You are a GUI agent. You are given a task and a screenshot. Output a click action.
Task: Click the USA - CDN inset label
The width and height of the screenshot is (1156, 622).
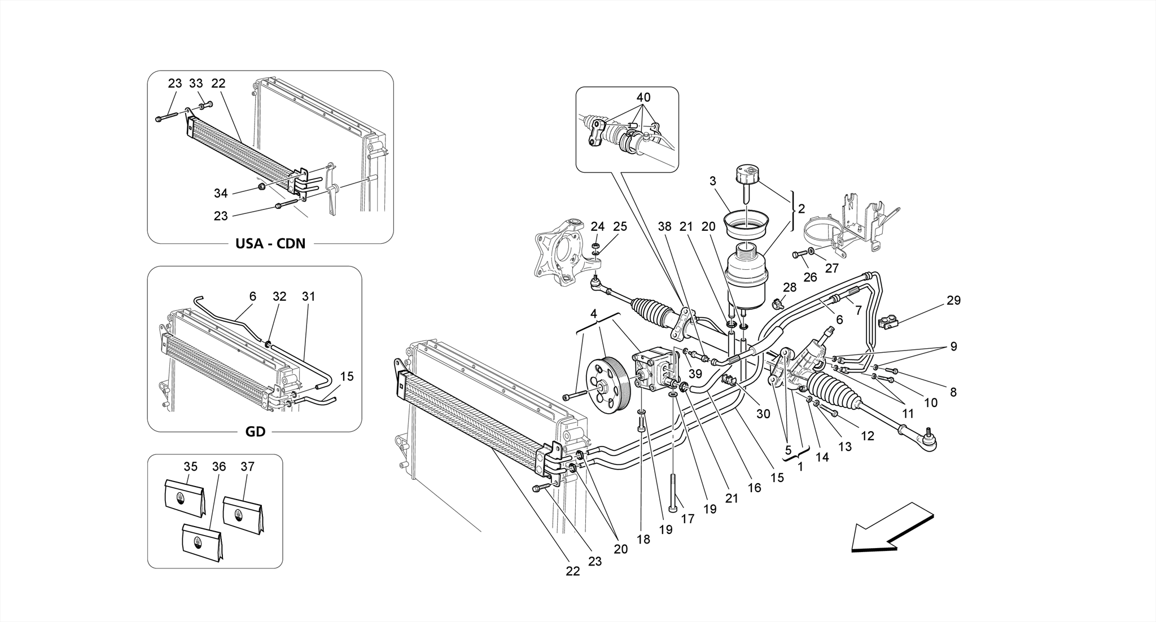click(270, 244)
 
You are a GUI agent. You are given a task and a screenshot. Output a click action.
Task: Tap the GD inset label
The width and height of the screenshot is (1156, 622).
click(255, 432)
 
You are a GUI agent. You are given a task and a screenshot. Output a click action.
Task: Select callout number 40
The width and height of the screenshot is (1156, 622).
click(643, 97)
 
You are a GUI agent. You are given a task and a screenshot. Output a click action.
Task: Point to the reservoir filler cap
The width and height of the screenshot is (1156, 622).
click(747, 174)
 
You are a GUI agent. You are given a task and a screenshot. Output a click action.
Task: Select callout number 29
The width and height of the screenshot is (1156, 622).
click(953, 301)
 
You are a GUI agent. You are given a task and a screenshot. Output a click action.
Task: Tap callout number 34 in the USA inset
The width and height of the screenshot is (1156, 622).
click(221, 194)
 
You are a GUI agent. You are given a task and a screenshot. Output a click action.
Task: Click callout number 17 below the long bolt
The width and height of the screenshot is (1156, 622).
click(688, 518)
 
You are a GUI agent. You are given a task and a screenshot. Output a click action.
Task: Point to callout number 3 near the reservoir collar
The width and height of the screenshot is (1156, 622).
click(713, 181)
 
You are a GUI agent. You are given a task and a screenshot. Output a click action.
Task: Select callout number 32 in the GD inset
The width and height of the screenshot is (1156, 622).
click(279, 296)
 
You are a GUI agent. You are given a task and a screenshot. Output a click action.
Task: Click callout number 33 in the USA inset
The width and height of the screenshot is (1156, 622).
click(196, 84)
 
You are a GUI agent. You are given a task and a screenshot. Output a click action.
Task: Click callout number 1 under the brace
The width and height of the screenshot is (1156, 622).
click(800, 467)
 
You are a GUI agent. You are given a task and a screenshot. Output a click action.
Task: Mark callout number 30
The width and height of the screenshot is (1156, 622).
click(763, 414)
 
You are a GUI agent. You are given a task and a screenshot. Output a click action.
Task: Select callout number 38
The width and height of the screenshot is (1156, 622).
click(665, 226)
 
